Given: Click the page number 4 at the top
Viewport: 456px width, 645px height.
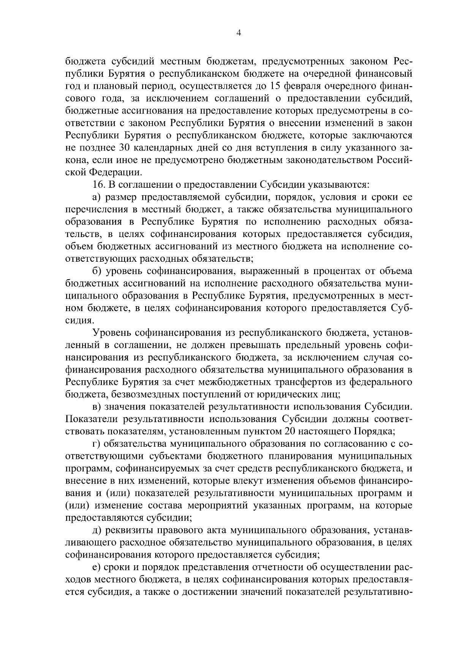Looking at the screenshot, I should [239, 33].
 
